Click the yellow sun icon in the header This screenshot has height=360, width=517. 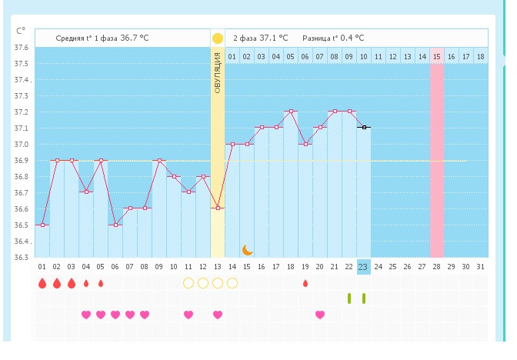(x=218, y=38)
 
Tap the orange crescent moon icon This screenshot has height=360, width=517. (x=248, y=249)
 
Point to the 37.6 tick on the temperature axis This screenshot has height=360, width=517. (x=22, y=48)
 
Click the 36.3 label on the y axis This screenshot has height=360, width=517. (x=22, y=258)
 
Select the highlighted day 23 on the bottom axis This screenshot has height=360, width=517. (x=363, y=266)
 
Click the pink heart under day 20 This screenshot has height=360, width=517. (x=320, y=314)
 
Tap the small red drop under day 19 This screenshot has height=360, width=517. (x=305, y=283)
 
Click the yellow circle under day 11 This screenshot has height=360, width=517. (x=188, y=283)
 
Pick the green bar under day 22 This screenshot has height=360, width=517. (x=349, y=298)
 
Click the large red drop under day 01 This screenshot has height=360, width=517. (x=42, y=283)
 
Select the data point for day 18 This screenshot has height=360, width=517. (x=291, y=112)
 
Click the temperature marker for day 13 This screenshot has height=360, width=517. (x=218, y=208)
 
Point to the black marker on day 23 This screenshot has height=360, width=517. (x=363, y=128)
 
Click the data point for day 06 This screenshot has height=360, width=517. (x=115, y=225)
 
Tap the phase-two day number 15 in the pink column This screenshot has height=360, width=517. (x=436, y=56)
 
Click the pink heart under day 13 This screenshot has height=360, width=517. (x=218, y=314)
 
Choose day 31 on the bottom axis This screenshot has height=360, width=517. (x=480, y=266)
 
